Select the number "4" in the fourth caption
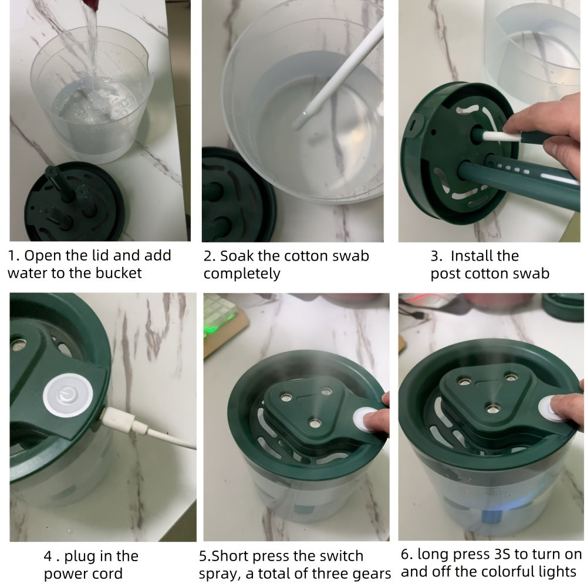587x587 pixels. pos(48,556)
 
